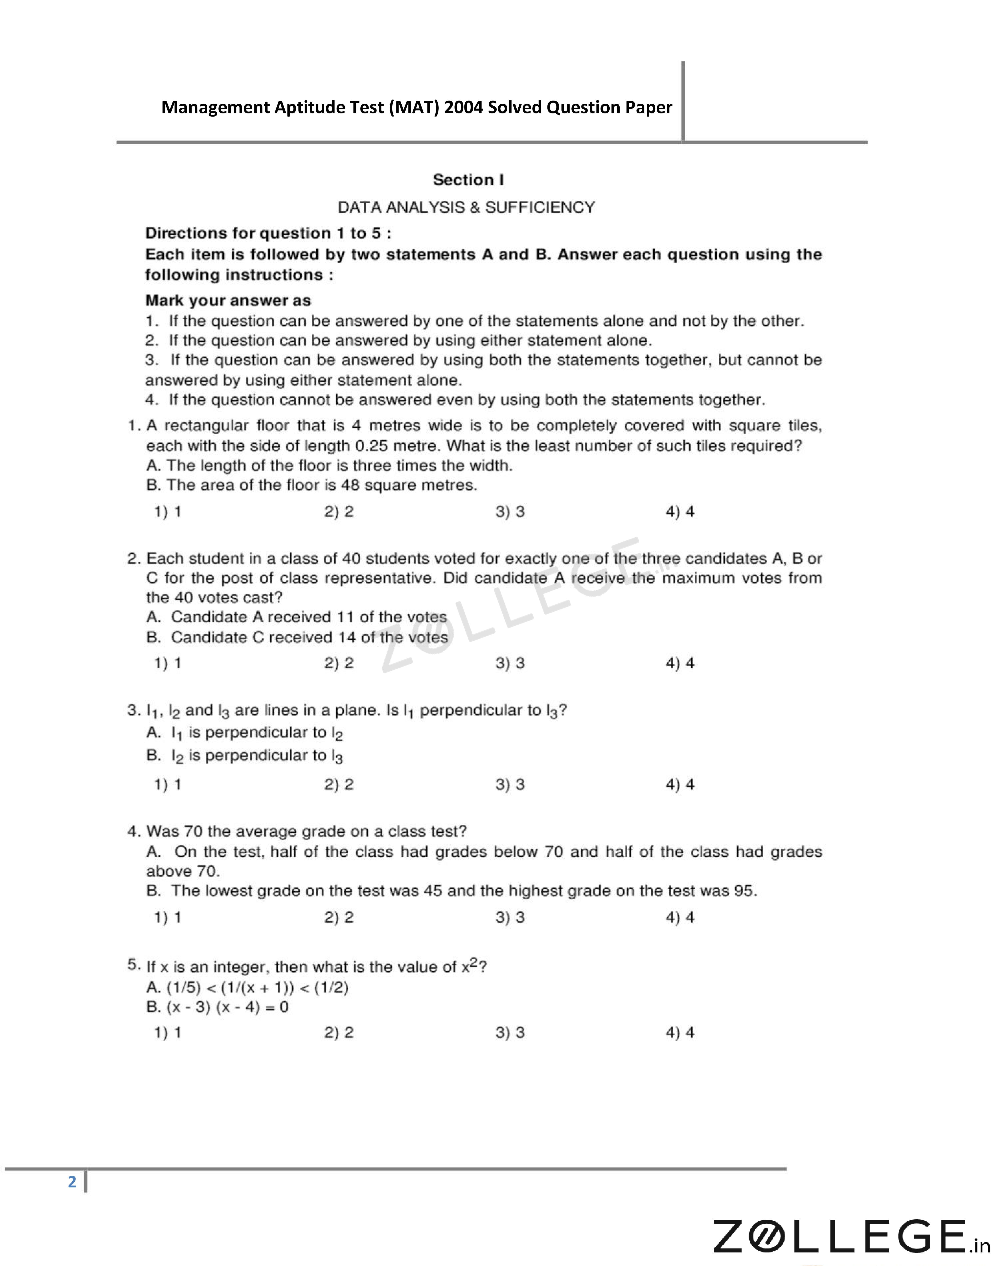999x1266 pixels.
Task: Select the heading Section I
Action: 468,180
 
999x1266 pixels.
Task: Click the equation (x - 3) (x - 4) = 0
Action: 228,1007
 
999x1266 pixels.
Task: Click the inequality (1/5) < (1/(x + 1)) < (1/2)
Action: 257,988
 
